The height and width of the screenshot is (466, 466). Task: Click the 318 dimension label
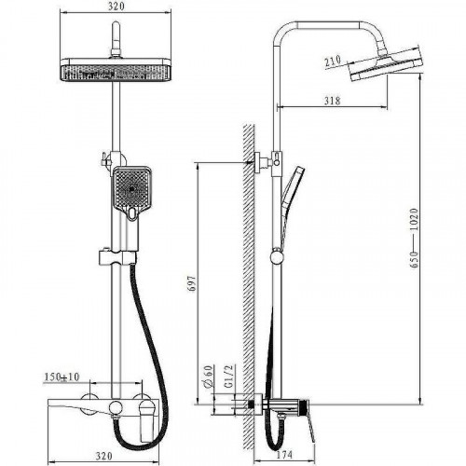332,101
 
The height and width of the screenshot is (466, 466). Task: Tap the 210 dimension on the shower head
333,61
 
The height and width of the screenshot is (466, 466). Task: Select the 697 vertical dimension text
193,282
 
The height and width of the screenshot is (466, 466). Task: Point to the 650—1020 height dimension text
415,238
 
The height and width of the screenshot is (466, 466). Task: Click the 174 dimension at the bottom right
284,455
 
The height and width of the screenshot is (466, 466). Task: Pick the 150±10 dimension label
62,377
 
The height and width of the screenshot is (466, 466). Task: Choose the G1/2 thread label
228,376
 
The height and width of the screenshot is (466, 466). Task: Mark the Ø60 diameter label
209,377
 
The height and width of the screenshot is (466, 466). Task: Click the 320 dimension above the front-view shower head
116,7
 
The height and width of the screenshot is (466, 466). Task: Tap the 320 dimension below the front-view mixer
103,456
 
